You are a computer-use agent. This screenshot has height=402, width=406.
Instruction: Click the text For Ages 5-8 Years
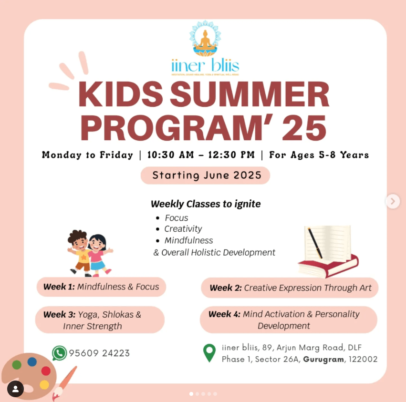[319, 155]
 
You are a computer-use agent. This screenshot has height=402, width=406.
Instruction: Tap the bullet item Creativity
[183, 229]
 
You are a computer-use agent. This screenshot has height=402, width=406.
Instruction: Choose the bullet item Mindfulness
[189, 240]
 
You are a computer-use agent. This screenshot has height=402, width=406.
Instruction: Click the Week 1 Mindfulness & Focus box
[101, 287]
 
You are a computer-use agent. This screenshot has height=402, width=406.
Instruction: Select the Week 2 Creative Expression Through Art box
[290, 288]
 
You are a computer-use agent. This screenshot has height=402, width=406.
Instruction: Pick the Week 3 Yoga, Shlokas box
[99, 320]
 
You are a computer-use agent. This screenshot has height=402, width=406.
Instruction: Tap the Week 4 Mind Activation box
[288, 320]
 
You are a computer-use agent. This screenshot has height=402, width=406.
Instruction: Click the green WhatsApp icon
[59, 353]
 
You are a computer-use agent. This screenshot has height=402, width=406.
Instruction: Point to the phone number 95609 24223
[99, 353]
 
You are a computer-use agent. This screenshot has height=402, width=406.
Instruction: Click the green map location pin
[209, 353]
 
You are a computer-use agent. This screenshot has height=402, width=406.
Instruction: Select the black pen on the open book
[315, 243]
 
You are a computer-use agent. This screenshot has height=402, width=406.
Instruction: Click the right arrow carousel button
[392, 201]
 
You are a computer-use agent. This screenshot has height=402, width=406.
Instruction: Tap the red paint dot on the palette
[46, 371]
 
